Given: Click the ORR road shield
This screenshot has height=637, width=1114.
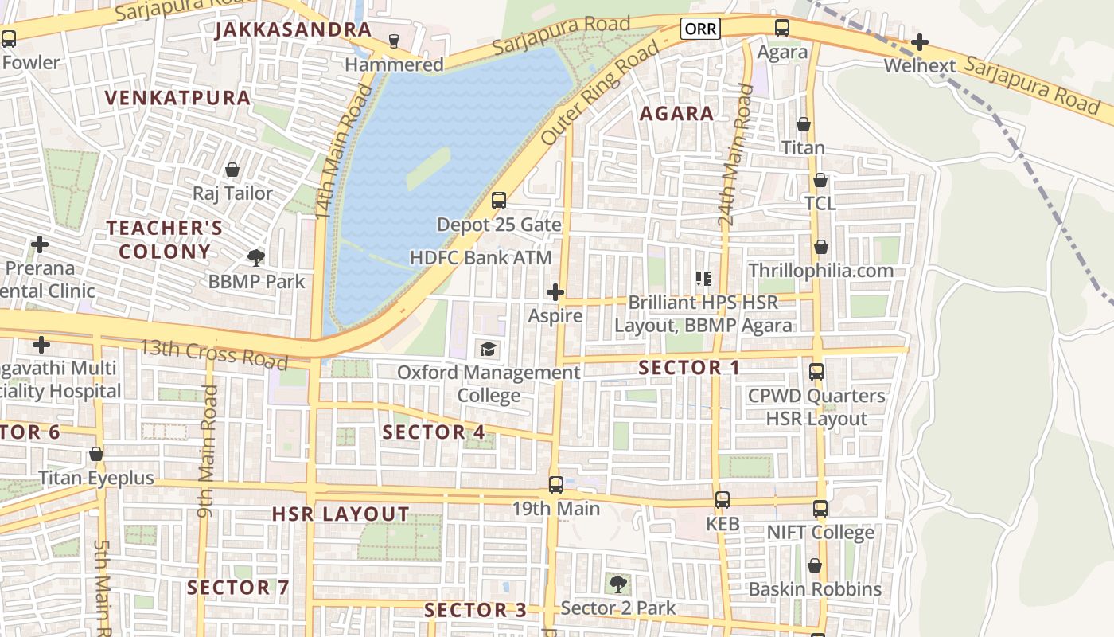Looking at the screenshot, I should point(700,29).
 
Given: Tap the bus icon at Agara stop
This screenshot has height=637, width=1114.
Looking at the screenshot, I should point(782,29).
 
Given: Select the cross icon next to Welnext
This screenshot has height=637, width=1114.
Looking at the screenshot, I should point(920,41).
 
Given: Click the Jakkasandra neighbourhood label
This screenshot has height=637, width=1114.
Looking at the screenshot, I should point(294,30).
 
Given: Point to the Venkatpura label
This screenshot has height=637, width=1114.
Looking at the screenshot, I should point(178,98).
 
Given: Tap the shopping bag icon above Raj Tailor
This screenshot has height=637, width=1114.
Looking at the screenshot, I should point(232,170).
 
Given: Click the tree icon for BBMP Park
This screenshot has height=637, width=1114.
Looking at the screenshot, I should point(256,257).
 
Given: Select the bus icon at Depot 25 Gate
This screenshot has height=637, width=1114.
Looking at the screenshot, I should point(499,201).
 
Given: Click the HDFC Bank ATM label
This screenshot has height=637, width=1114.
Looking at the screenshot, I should point(481,258).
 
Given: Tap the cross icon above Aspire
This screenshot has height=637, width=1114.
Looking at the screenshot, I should point(555,293).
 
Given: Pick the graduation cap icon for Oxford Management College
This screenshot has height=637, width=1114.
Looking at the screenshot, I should point(488,349).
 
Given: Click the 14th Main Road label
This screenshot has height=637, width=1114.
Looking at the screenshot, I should point(344,153).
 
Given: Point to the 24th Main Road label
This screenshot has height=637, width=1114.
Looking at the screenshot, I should point(735,155).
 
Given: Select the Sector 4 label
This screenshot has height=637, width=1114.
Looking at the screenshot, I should point(434,432).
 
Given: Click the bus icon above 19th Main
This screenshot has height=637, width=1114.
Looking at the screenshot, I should point(556,484).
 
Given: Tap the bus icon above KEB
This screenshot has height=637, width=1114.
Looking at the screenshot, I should point(723,500).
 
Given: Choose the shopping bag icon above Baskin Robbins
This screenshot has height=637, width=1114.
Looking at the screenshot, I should point(815,566).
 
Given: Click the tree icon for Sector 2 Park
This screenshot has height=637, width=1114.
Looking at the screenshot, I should point(617,584).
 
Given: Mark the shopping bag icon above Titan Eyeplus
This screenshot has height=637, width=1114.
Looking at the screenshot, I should point(96,455).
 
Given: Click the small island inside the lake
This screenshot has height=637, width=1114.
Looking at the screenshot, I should point(428,168).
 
